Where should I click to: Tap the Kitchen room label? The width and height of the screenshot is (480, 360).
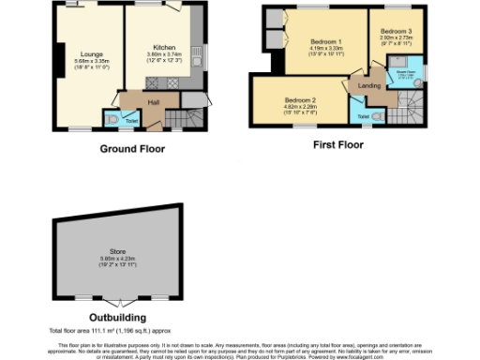[166, 45]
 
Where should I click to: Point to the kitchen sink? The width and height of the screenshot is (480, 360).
[199, 52]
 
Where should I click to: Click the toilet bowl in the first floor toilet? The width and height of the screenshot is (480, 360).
[376, 115]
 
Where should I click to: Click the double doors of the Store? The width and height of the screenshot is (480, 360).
[117, 302]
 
